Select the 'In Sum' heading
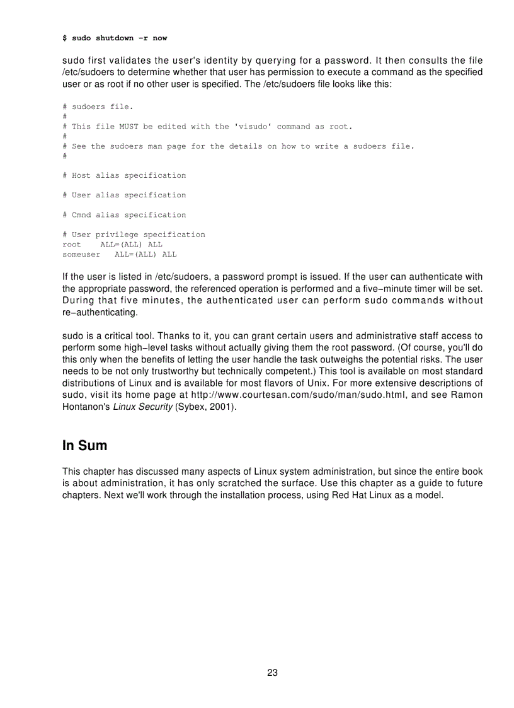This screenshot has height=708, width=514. point(84,446)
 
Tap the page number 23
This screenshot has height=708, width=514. point(272,673)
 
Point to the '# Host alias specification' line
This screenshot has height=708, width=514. point(124,175)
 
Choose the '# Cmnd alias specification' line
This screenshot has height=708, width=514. point(124,215)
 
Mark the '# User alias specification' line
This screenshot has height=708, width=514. point(124,195)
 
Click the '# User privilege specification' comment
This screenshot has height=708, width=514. point(134,235)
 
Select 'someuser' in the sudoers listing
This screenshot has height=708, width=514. point(81,254)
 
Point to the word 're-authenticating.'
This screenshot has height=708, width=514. point(100,313)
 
